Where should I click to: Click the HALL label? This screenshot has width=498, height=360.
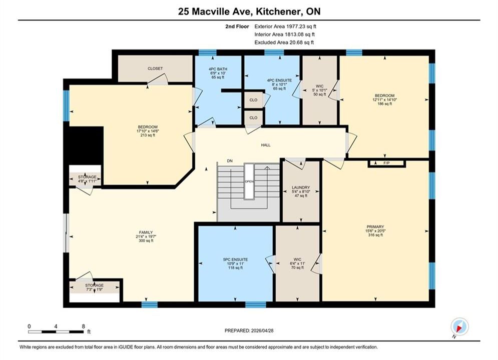(x=265, y=145)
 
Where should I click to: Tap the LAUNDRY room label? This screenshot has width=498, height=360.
(x=301, y=187)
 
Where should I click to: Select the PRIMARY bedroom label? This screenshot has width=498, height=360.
(x=375, y=227)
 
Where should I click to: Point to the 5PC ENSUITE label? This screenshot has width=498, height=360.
(x=235, y=259)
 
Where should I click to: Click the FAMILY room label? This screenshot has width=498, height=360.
(x=146, y=232)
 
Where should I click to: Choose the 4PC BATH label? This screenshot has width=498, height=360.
(x=218, y=69)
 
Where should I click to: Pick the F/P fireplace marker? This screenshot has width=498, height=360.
(x=386, y=163)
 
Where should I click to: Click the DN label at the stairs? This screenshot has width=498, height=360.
(x=230, y=161)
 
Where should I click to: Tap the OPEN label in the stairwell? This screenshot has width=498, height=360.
(x=249, y=181)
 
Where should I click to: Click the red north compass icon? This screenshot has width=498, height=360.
(x=459, y=326)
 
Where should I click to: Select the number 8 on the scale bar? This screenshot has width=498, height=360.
(x=83, y=326)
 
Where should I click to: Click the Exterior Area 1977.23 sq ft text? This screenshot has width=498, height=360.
(x=285, y=26)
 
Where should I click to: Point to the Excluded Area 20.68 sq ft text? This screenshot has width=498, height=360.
(x=284, y=42)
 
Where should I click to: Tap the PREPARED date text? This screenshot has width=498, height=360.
(x=249, y=330)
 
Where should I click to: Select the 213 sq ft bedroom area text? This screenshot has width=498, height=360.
(x=147, y=135)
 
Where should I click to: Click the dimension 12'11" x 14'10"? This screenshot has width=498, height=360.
(x=384, y=99)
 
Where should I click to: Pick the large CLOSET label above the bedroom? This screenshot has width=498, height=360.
(x=155, y=68)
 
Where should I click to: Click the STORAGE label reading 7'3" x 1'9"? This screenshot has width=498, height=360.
(x=94, y=285)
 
